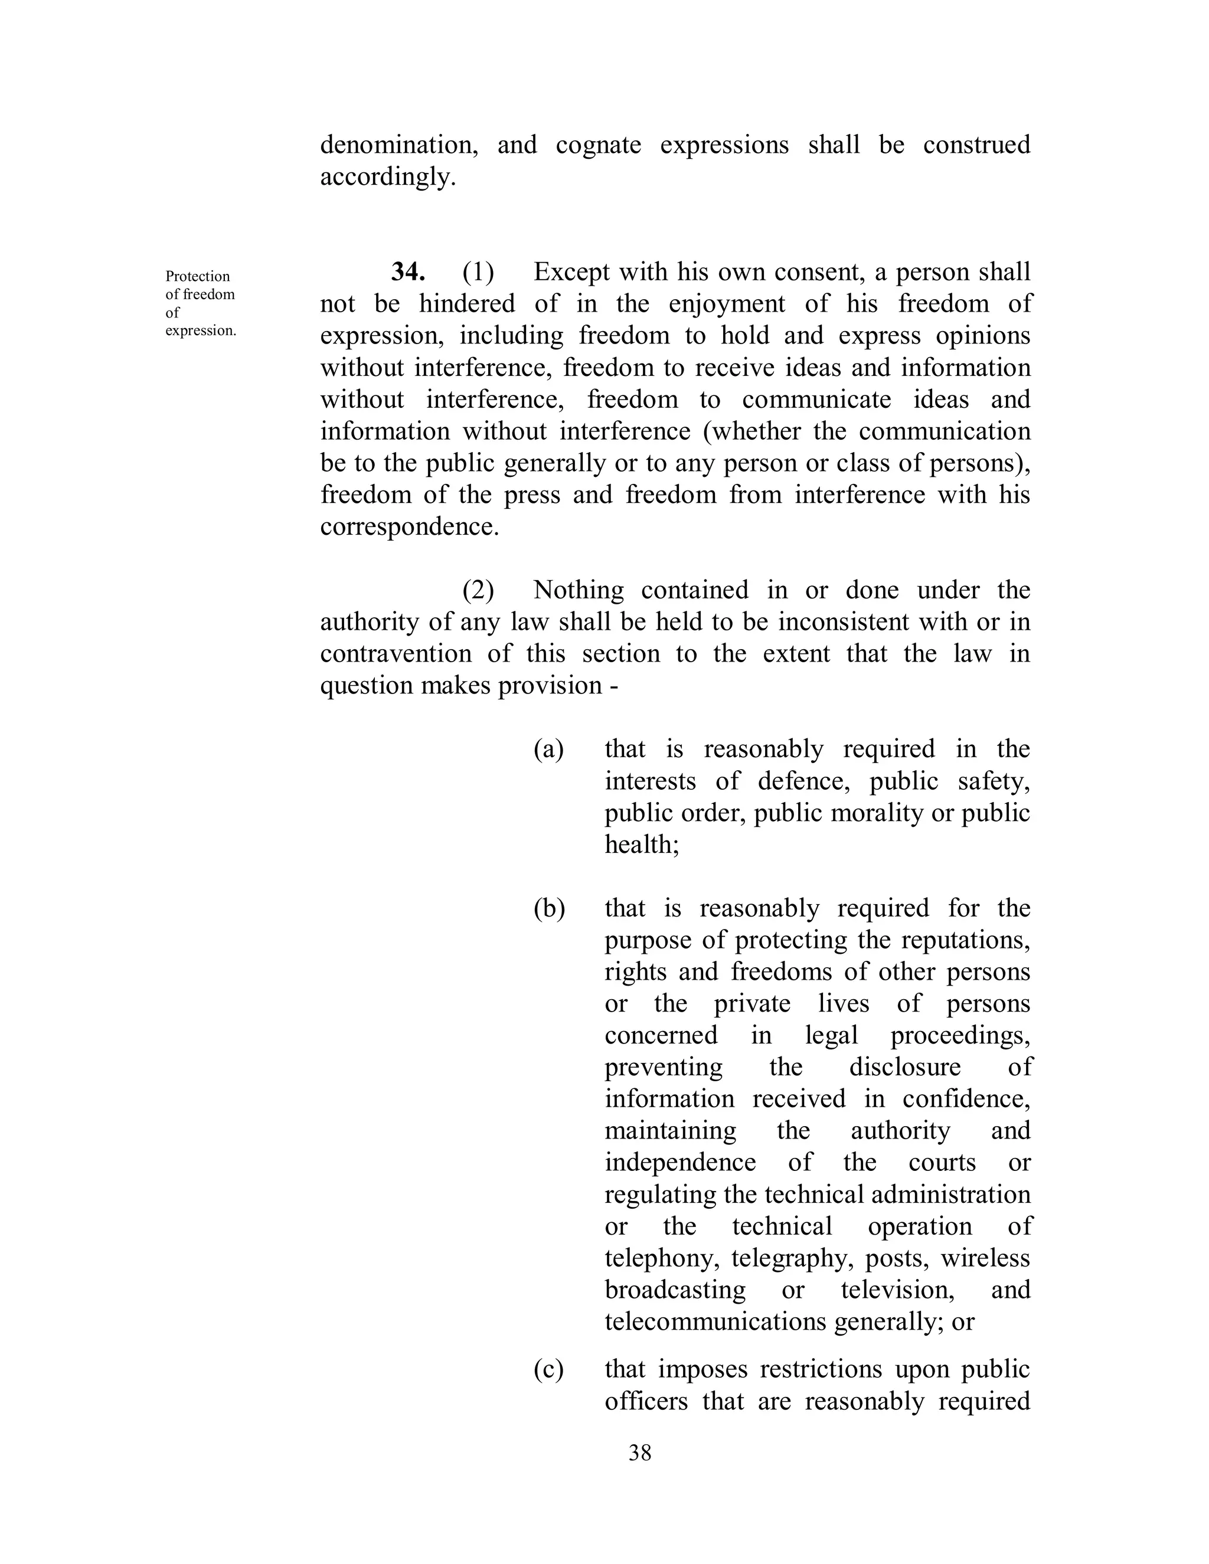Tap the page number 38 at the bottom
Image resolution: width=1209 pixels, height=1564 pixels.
pyautogui.click(x=639, y=1452)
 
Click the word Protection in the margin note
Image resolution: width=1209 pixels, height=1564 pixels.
pyautogui.click(x=198, y=276)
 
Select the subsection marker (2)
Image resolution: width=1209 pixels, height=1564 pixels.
pyautogui.click(x=478, y=590)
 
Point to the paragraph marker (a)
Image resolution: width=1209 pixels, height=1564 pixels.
pyautogui.click(x=548, y=749)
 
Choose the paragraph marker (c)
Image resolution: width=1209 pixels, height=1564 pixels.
pyautogui.click(x=548, y=1369)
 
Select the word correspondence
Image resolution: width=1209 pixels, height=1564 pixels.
pyautogui.click(x=409, y=526)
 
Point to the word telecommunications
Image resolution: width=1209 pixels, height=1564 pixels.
pyautogui.click(x=715, y=1321)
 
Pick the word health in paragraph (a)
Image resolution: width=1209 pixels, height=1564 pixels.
pyautogui.click(x=641, y=845)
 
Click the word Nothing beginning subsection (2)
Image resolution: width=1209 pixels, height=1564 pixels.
pyautogui.click(x=579, y=590)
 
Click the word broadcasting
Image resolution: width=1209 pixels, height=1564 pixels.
pyautogui.click(x=675, y=1290)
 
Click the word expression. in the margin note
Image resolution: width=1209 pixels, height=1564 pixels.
pyautogui.click(x=201, y=331)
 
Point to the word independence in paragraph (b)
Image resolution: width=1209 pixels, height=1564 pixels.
pyautogui.click(x=679, y=1162)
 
